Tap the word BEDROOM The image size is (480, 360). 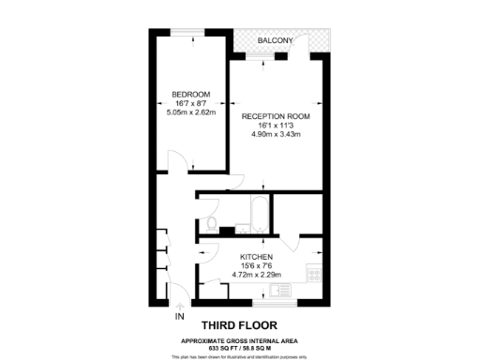point(189,93)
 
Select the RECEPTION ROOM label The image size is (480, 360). point(276,116)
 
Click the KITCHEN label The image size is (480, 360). point(256,256)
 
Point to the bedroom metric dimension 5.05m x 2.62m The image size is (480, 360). point(189,112)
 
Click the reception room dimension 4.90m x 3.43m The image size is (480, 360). point(276,135)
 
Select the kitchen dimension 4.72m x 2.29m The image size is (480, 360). point(256,275)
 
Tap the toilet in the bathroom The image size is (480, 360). point(212,223)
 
